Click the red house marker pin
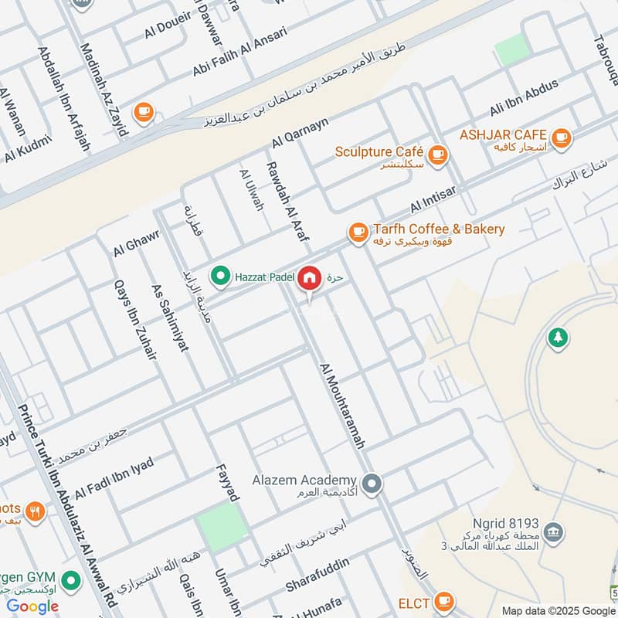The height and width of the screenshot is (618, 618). coord(310,278)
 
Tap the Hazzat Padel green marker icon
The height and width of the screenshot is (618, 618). coord(222,275)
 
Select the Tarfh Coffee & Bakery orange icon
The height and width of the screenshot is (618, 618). coord(358,231)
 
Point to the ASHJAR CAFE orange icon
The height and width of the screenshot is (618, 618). coord(561,138)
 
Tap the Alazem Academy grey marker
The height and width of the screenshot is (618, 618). coord(373,483)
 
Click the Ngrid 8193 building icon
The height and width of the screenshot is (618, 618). coord(553,531)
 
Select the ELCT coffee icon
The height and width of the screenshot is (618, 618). coord(443,600)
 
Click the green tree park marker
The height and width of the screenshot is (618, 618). coord(557,338)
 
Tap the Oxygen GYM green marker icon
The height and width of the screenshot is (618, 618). coord(71,579)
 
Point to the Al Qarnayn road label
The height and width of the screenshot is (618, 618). coord(301,132)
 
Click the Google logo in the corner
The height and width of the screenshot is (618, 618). coord(33,606)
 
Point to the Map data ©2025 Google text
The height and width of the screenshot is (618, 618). coord(557,610)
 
